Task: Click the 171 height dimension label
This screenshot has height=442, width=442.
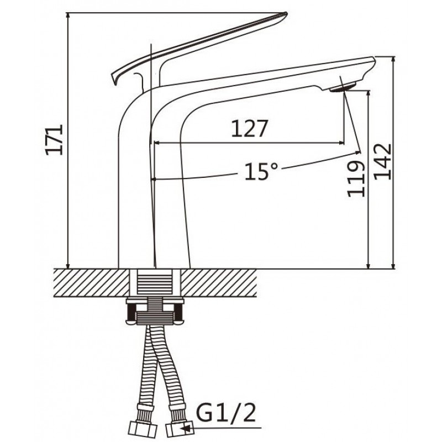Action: tap(54, 140)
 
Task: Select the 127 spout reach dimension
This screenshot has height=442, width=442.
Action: tap(249, 129)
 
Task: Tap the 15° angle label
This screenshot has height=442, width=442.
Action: tap(261, 171)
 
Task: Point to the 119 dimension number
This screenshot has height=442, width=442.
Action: tap(356, 178)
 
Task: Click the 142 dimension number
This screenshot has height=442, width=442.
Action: tap(382, 161)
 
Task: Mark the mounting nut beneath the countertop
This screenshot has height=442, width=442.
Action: tap(155, 312)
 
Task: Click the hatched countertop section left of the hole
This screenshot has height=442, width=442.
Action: tap(92, 283)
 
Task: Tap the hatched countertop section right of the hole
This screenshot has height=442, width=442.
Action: tap(218, 283)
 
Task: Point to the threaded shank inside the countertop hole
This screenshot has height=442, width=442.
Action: tap(155, 282)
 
